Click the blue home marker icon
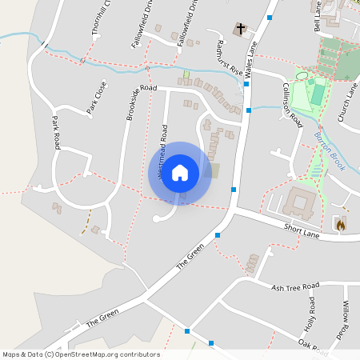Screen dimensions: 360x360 [180, 173]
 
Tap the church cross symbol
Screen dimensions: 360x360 [239, 30]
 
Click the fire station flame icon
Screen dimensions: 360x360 [340, 226]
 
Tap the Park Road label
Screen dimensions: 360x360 [56, 132]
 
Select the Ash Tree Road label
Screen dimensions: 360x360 [295, 286]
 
